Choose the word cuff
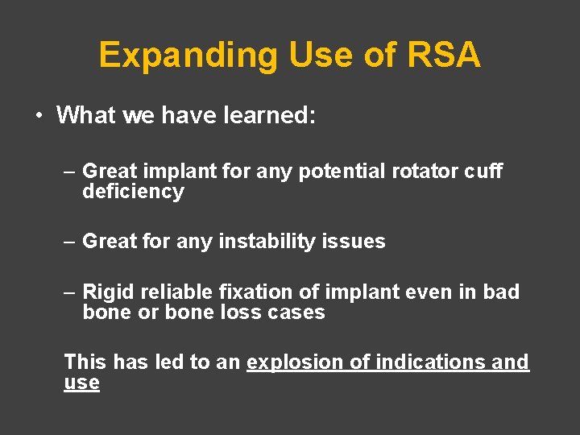tap(484, 171)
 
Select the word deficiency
tap(133, 192)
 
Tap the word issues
tap(358, 241)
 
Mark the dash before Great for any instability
tap(70, 241)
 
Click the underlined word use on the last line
tap(81, 383)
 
